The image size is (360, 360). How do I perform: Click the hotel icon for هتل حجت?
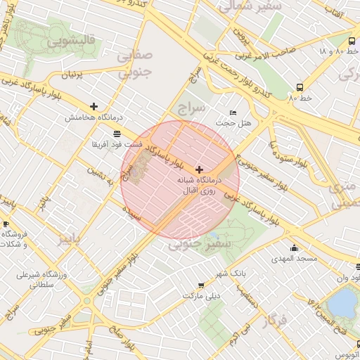click(x=233, y=112)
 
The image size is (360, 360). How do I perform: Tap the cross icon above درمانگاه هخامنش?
click(x=94, y=106)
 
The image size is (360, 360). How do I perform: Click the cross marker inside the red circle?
click(x=200, y=169)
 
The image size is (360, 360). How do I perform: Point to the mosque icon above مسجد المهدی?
click(x=294, y=247)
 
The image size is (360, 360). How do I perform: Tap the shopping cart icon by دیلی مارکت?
click(x=202, y=285)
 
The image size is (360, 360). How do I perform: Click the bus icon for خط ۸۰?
click(x=300, y=88)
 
